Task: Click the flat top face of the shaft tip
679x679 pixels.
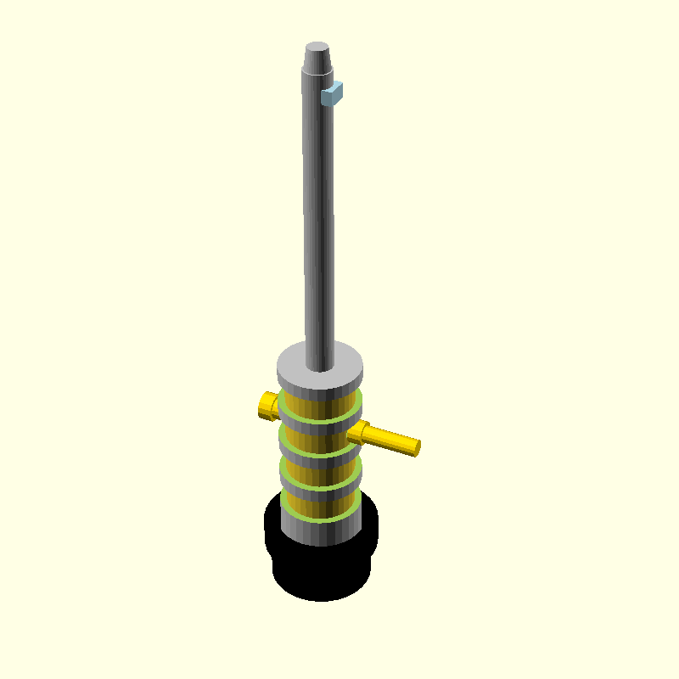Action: click(x=317, y=47)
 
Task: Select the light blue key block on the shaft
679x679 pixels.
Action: click(x=332, y=93)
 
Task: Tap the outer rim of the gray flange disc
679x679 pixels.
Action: click(x=321, y=385)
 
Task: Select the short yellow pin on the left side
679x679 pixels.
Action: click(x=267, y=406)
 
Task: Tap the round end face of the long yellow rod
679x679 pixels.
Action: click(x=416, y=447)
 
